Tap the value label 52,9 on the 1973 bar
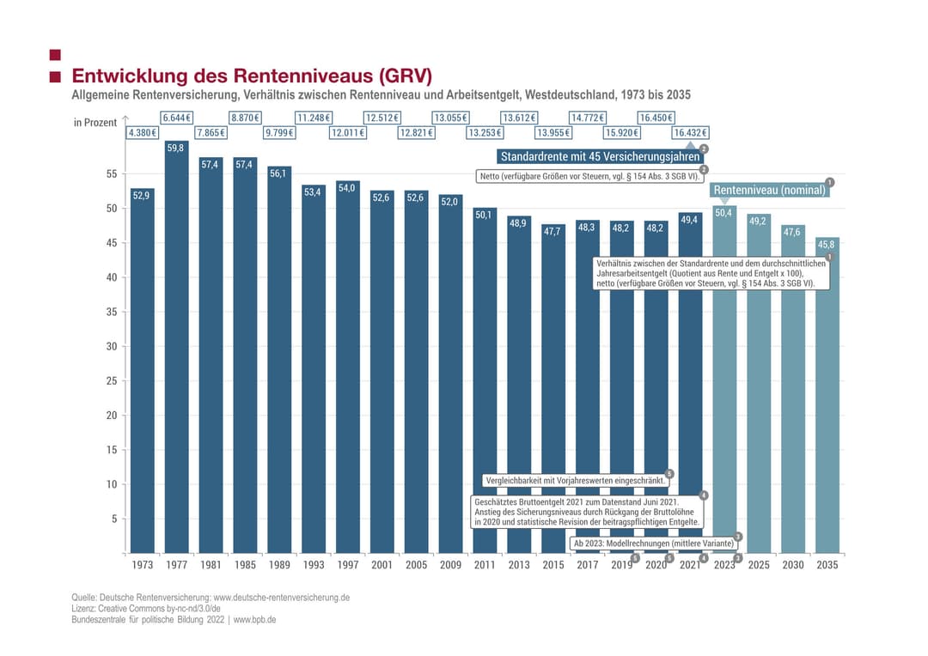pos(142,196)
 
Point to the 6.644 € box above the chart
pos(176,118)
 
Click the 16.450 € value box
pos(656,118)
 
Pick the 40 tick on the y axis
pos(110,277)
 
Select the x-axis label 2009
pos(450,565)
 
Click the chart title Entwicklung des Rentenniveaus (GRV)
pos(252,76)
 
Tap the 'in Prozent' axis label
pos(95,123)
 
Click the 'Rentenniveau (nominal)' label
pos(770,190)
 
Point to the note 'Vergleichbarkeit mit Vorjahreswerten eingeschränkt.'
pos(575,481)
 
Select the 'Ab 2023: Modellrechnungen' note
pos(654,544)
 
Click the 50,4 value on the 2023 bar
pos(724,212)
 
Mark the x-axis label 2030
pos(793,565)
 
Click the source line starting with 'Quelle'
pos(211,597)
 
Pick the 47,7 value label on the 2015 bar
pos(553,231)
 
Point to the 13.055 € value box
pos(450,118)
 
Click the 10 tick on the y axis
pos(110,484)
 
